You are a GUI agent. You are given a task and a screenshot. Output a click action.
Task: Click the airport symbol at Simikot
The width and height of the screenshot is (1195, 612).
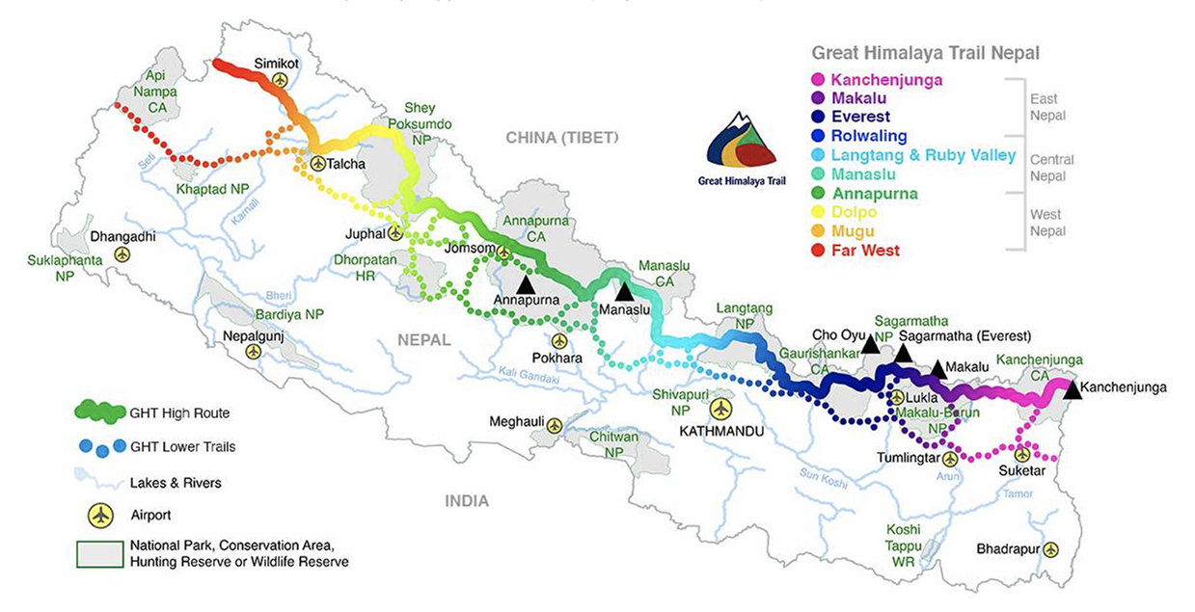tap(280, 80)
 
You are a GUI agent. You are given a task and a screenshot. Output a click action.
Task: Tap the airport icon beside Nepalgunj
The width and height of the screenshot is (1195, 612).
tap(253, 352)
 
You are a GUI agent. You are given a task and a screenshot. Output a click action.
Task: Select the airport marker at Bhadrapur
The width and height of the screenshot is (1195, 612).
tap(1050, 549)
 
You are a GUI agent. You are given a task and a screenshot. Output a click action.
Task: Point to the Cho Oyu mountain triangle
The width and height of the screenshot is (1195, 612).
tap(870, 344)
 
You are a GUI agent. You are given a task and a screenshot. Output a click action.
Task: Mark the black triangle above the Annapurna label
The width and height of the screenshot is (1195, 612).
tap(526, 284)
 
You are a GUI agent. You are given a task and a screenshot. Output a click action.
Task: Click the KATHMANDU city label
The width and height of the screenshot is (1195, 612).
tap(720, 431)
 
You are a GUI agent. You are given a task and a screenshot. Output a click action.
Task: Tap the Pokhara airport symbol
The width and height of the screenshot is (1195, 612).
tap(559, 341)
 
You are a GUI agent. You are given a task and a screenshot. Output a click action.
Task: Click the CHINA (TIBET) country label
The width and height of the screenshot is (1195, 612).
tap(562, 138)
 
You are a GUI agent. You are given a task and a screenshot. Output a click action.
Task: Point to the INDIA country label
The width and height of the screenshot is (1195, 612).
tap(466, 501)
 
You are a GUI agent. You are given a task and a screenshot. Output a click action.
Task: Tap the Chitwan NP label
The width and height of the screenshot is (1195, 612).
tap(613, 444)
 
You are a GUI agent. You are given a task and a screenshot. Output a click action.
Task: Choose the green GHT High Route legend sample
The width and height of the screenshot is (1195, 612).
tap(100, 412)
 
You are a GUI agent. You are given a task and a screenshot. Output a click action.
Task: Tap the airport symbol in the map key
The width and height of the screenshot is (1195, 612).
tap(100, 515)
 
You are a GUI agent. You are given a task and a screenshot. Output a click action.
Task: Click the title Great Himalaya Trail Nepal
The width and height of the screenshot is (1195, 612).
tap(925, 53)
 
